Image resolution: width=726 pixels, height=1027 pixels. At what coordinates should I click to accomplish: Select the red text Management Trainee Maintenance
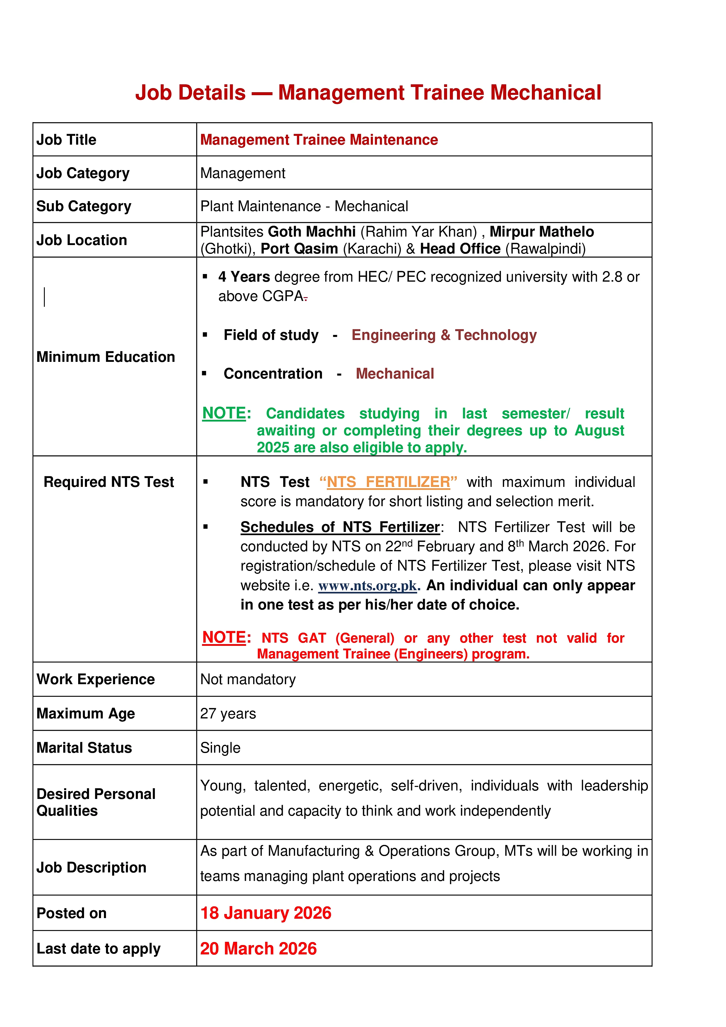tap(319, 140)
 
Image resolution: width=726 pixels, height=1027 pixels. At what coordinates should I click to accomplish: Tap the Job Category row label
tap(83, 173)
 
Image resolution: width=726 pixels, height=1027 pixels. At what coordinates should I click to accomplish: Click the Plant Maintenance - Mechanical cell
tap(304, 206)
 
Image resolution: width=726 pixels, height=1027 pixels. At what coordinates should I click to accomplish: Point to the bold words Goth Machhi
tap(312, 232)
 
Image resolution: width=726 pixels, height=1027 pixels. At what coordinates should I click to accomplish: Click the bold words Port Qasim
tap(299, 249)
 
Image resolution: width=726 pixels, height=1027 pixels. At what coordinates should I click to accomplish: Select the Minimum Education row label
tap(106, 357)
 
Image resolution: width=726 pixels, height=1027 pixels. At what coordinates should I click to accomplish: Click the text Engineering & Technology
tap(444, 335)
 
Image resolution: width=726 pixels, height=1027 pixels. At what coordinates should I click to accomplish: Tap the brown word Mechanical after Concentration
tap(395, 374)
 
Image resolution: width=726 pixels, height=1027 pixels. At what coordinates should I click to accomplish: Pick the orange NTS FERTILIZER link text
tap(388, 482)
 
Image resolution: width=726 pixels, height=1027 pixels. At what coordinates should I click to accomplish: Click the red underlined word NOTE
tap(224, 637)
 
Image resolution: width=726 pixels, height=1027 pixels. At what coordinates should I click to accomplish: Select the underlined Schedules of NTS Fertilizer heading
tap(340, 527)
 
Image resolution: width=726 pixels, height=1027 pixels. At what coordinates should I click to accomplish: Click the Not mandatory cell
tap(248, 679)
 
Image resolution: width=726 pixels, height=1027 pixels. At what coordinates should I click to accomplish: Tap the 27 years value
tap(228, 714)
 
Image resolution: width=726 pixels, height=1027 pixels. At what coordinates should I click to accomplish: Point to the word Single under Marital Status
tap(220, 748)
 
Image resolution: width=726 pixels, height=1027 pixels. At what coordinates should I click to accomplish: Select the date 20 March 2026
tap(258, 949)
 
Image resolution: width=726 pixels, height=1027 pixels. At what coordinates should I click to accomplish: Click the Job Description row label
tap(91, 868)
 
